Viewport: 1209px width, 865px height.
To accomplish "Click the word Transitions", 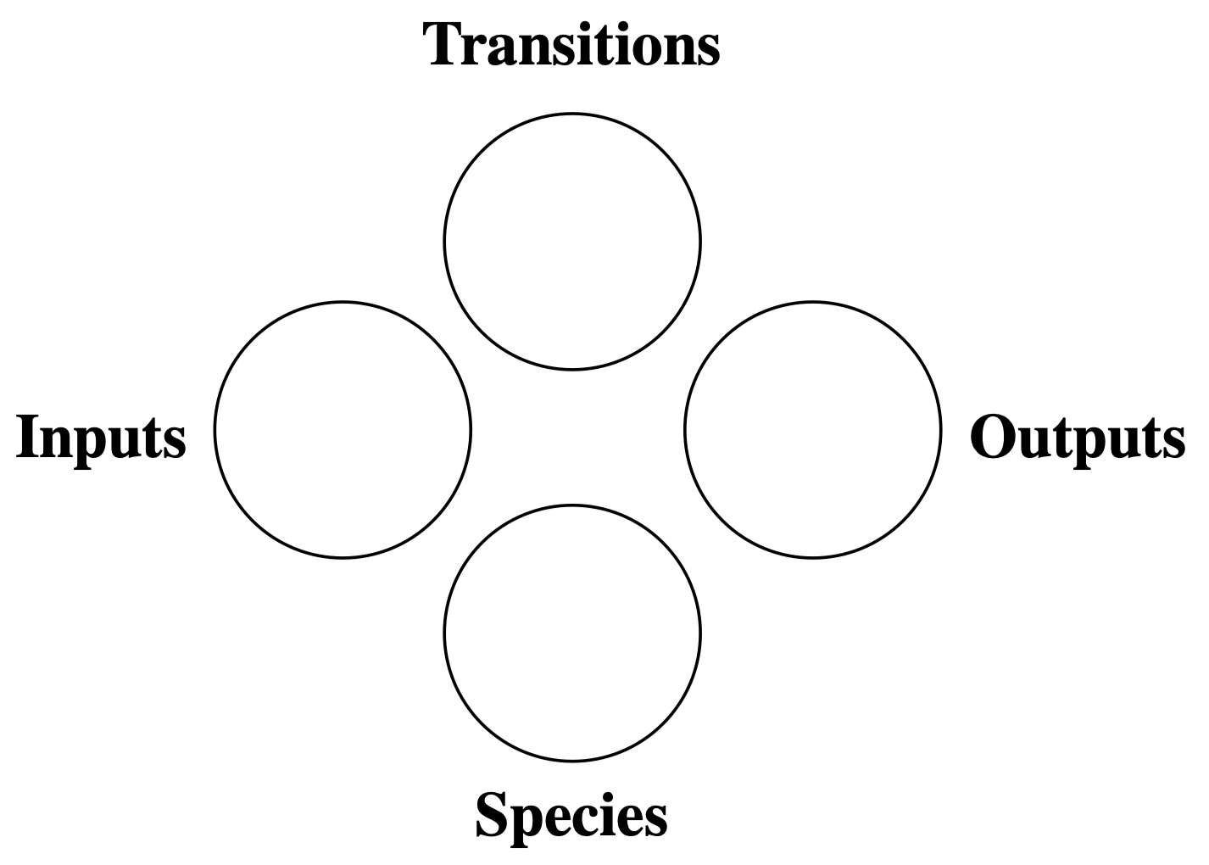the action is (x=571, y=44).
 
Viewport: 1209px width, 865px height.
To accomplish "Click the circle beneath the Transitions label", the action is (x=572, y=242).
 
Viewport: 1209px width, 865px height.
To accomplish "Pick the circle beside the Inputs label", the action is (x=343, y=430).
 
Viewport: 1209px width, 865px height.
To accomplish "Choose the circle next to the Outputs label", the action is (x=813, y=430).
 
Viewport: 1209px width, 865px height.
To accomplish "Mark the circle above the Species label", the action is (x=572, y=633).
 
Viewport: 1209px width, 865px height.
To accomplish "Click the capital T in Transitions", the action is (x=444, y=44).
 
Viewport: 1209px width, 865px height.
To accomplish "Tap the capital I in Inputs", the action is (x=29, y=436).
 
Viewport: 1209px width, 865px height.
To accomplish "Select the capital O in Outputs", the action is (x=993, y=436).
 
